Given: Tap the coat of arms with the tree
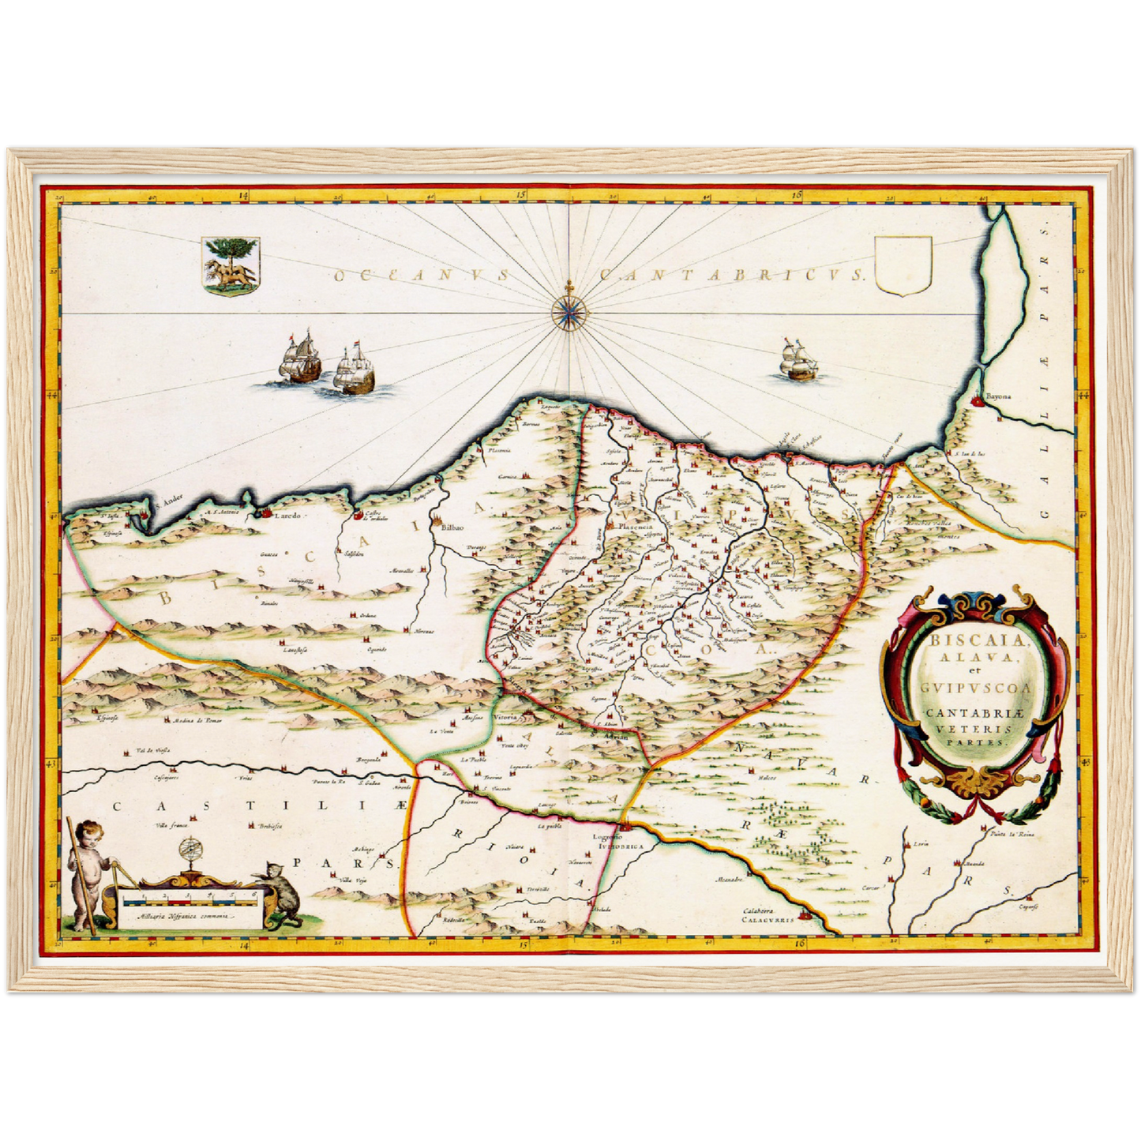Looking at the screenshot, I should click(231, 266).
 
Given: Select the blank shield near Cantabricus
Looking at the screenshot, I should click(904, 267).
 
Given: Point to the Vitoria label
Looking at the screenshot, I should click(505, 717).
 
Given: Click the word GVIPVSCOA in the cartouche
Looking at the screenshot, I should click(976, 688).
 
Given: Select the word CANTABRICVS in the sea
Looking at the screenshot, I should click(733, 276).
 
